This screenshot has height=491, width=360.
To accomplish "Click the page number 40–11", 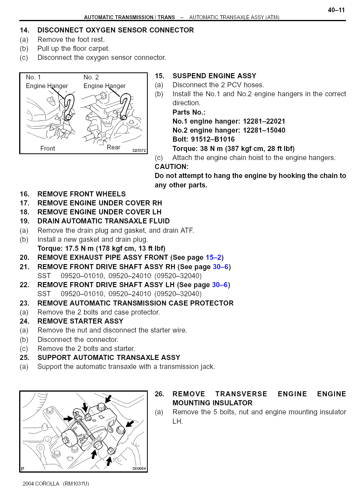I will [x=336, y=10].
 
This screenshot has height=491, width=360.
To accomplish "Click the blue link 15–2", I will [x=213, y=257].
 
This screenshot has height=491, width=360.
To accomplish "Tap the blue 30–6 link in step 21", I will [x=220, y=267].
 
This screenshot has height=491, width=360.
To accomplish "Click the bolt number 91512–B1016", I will [x=213, y=139].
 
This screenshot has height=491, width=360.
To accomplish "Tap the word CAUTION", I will [x=172, y=167].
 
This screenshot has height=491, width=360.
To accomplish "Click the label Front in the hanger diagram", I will [x=48, y=149].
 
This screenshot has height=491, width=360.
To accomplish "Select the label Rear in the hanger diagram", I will [x=114, y=147].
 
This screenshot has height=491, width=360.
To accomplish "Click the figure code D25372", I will [x=139, y=150].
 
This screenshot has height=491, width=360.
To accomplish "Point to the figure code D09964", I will [x=139, y=469].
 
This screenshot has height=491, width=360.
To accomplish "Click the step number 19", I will [x=24, y=221].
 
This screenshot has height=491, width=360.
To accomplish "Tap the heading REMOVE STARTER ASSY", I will [x=80, y=321].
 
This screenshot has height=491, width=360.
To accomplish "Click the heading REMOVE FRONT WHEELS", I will [x=81, y=194].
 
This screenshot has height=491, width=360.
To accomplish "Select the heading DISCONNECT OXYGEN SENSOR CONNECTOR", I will [x=115, y=30].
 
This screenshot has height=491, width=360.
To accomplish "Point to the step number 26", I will [x=159, y=394].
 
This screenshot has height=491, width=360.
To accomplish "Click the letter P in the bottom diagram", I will [x=23, y=469].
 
